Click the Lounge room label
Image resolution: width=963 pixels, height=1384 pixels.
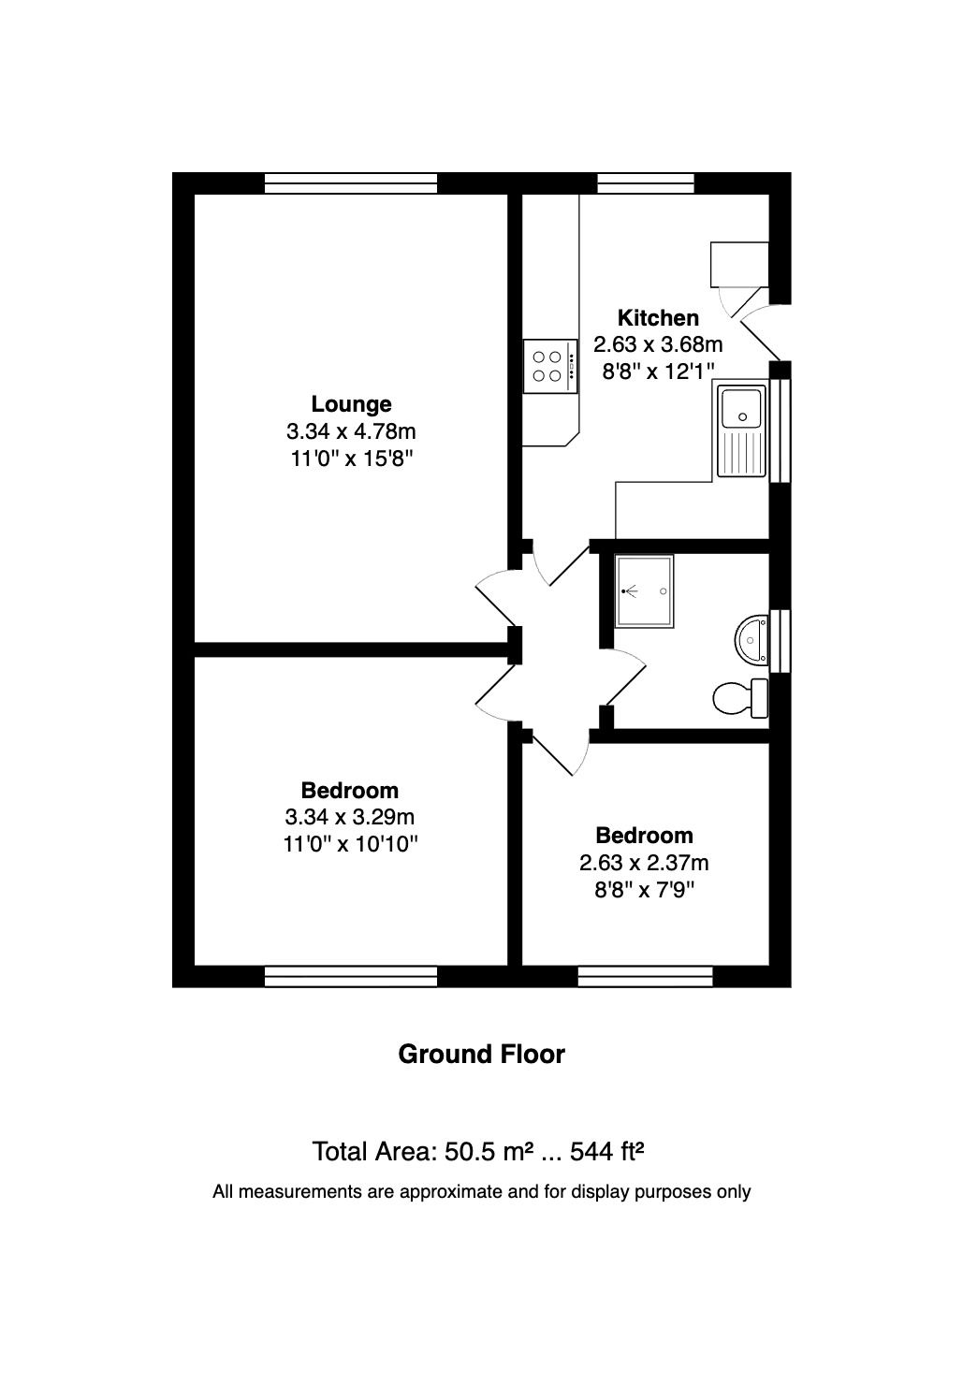click(x=351, y=404)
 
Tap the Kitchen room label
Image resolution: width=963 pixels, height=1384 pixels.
click(x=658, y=318)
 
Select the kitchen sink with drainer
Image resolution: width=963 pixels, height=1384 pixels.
click(x=741, y=430)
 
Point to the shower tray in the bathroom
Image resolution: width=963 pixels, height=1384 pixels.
click(x=644, y=591)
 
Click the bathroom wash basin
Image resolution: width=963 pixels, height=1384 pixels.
click(x=751, y=642)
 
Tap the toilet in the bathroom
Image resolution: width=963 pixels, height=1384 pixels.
click(x=740, y=698)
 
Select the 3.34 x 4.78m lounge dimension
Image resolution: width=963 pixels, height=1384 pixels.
click(x=351, y=431)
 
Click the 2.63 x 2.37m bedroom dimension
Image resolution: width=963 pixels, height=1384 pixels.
click(x=644, y=862)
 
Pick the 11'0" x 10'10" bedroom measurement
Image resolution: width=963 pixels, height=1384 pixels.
click(x=350, y=844)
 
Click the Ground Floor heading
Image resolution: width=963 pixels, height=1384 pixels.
click(x=481, y=1054)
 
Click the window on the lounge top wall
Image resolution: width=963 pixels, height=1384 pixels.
click(x=351, y=183)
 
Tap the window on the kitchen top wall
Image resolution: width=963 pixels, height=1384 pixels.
click(x=646, y=183)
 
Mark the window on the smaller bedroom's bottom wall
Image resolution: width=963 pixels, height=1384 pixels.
click(x=646, y=977)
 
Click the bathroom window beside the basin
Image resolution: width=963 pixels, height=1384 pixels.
click(x=781, y=641)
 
